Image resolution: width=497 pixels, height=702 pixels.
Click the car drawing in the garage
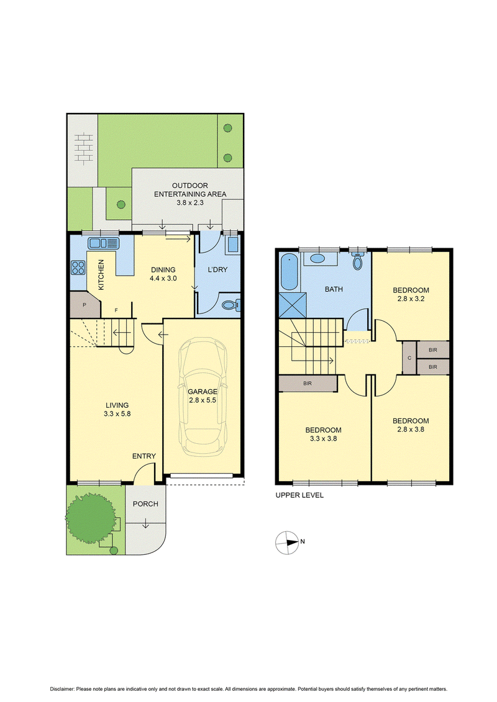[x=202, y=397]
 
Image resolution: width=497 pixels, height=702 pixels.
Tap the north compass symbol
[x=287, y=542]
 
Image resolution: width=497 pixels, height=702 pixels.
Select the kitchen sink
[x=104, y=243]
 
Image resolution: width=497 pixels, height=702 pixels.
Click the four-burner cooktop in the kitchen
[x=78, y=268]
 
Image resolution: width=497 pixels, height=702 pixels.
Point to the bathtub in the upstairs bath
[x=290, y=271]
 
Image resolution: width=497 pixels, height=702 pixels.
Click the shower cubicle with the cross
[x=293, y=305]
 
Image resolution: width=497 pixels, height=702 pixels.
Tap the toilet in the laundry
[x=231, y=305]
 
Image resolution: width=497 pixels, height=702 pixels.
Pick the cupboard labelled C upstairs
[x=409, y=358]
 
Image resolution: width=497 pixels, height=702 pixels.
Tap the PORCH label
[x=145, y=504]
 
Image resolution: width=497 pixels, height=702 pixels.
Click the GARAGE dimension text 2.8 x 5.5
[x=203, y=400]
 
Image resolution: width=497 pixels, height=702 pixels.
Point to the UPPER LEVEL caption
[x=299, y=495]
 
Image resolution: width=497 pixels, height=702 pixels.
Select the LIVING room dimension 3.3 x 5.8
[x=117, y=413]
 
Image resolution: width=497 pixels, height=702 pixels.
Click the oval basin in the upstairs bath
[x=317, y=258]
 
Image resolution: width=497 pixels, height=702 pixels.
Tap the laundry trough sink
[x=233, y=245]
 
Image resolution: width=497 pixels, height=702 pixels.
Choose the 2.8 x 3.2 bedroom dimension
[x=411, y=299]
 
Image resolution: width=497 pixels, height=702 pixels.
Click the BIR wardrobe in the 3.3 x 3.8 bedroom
[x=308, y=383]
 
